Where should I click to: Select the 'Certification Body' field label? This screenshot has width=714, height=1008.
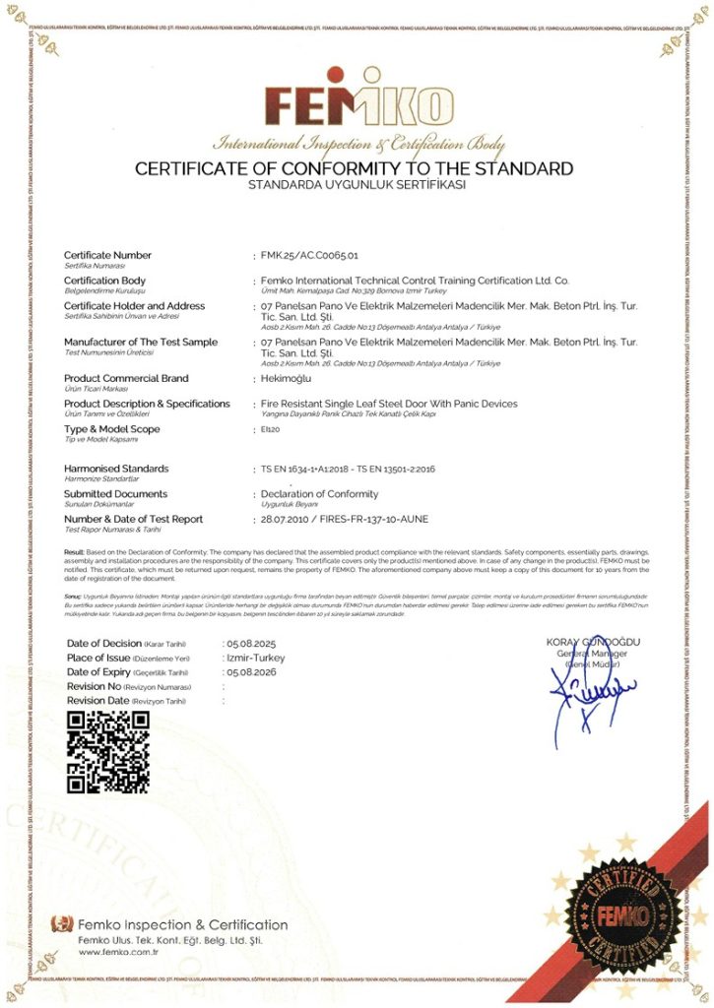(105, 281)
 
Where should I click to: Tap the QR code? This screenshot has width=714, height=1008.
(108, 751)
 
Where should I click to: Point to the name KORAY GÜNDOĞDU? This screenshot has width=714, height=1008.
(593, 643)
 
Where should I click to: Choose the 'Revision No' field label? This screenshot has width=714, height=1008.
(95, 686)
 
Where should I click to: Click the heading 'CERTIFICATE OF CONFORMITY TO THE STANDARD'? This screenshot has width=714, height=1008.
(355, 168)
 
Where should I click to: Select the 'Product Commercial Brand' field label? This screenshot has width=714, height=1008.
(126, 378)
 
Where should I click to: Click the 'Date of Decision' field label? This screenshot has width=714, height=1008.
(105, 643)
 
